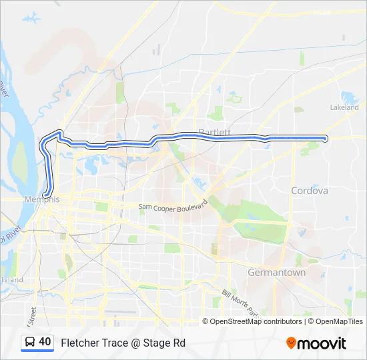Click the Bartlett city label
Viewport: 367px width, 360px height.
coord(214,132)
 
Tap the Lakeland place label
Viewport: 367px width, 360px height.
coord(344,107)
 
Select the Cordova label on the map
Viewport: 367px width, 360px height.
coord(310,191)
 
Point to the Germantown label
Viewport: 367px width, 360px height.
coord(276,273)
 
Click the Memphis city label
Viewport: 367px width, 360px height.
coord(42,200)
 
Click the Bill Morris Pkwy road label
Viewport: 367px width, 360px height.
coord(240,302)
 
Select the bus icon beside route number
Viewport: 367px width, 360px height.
coord(30,342)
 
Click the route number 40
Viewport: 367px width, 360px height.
coord(45,342)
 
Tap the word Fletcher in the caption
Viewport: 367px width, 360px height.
coord(79,343)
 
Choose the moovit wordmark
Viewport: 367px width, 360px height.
coord(322,343)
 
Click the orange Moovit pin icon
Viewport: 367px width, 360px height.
coord(291,343)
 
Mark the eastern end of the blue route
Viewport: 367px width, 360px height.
coord(325,139)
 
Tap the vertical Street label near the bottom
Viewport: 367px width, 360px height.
coord(31,311)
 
